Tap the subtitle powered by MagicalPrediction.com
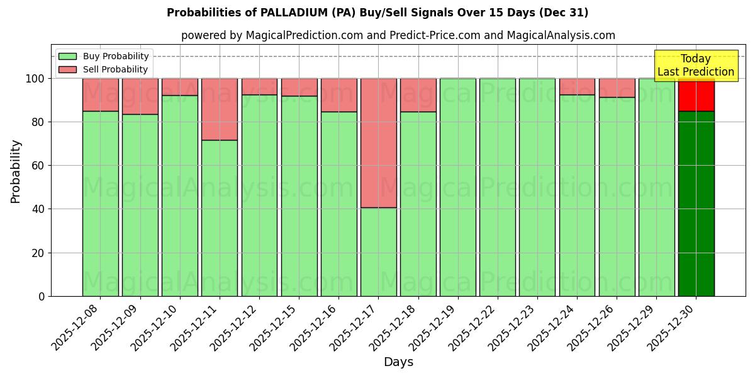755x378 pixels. (398, 35)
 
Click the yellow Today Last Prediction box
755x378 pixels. (696, 66)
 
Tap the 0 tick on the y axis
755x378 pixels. (42, 296)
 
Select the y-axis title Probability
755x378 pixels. (16, 171)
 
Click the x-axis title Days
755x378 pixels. (398, 362)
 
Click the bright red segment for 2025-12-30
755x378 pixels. (696, 94)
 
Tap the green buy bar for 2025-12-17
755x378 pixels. (378, 252)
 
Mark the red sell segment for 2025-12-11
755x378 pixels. (220, 109)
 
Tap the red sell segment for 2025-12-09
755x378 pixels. (140, 96)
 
